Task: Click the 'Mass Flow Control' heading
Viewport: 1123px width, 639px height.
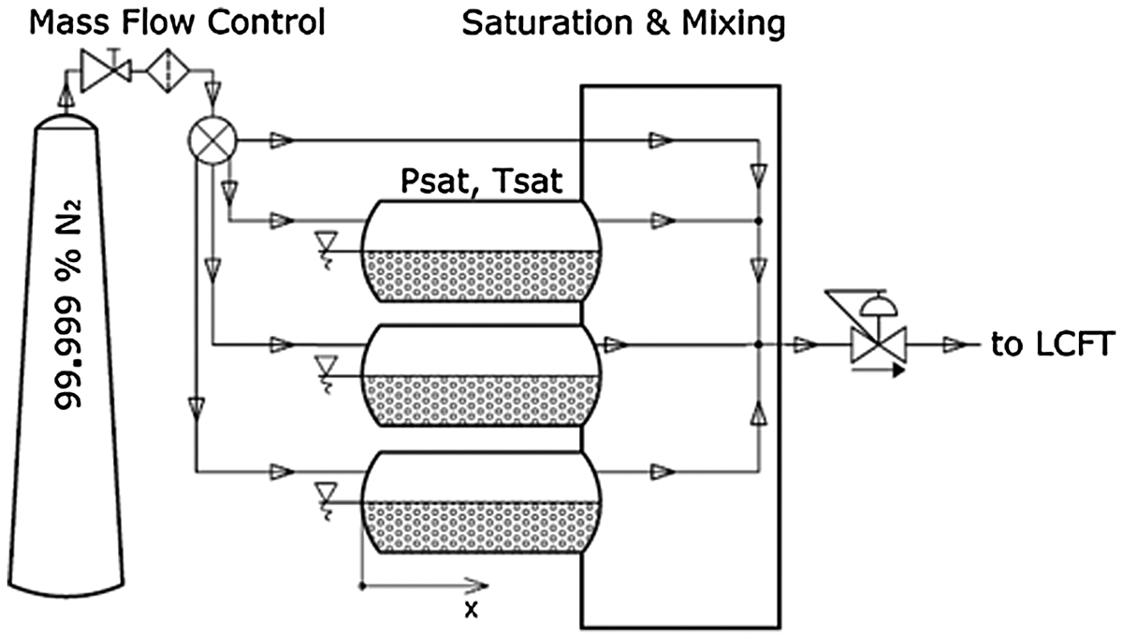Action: point(178,22)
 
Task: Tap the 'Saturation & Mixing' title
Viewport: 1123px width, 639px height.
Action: point(623,23)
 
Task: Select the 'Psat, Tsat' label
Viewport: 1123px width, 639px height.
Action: point(481,181)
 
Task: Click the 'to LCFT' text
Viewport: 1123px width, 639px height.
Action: point(1053,344)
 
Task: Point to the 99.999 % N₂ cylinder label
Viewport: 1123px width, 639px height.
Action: point(68,305)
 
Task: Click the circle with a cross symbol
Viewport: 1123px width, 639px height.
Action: point(212,141)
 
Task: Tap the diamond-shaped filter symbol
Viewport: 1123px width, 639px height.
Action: point(168,71)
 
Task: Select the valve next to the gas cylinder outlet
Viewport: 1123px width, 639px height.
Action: point(106,71)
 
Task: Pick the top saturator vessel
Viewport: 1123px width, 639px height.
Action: point(481,251)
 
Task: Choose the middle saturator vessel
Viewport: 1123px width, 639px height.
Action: point(481,376)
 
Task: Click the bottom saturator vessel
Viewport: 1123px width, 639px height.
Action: point(481,502)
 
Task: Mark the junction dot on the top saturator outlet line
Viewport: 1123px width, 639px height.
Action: point(759,221)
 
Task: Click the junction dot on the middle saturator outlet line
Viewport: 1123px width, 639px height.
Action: point(759,345)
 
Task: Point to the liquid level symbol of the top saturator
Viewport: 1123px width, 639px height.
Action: point(327,250)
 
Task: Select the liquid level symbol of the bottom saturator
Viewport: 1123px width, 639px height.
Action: point(327,501)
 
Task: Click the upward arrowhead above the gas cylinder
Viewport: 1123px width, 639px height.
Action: point(66,95)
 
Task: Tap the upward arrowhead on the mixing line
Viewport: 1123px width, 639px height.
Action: point(759,414)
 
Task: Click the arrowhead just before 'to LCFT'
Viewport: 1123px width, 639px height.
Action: point(955,345)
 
